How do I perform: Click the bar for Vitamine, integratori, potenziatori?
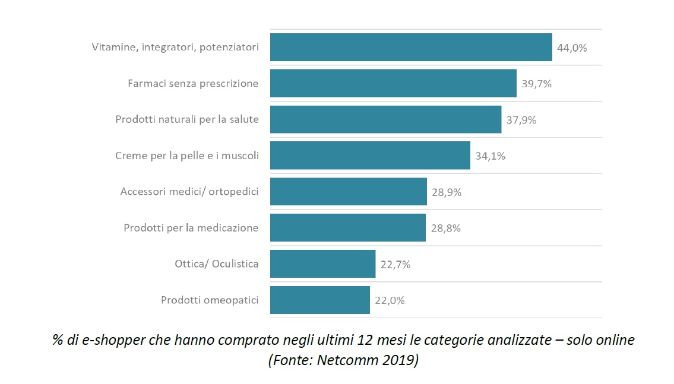(411, 47)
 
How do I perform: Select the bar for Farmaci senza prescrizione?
(393, 84)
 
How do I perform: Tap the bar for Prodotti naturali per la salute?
(385, 119)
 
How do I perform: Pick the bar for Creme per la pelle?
(370, 155)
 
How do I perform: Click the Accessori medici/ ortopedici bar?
(348, 192)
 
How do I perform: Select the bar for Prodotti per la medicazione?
(348, 228)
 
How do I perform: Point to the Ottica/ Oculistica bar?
(322, 264)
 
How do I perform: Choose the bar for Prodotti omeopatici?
(319, 300)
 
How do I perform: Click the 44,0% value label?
(572, 48)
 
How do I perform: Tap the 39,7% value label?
(537, 84)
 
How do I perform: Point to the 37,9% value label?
(521, 120)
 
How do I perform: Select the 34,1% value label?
(491, 156)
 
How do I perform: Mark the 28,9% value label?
(447, 192)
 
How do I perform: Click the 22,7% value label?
(395, 265)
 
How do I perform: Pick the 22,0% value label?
(390, 301)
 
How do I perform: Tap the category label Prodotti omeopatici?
(210, 300)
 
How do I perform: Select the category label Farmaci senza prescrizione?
(193, 84)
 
